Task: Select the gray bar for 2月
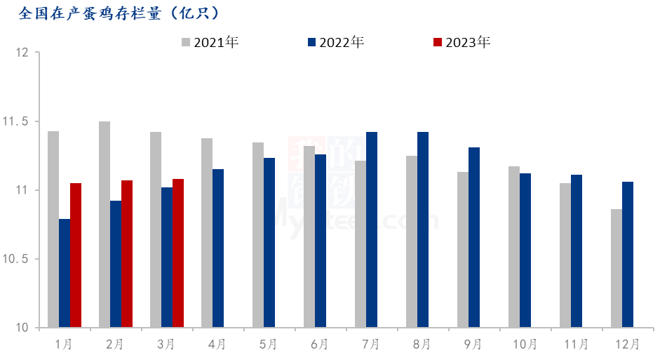tap(105, 224)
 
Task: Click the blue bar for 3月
tap(167, 257)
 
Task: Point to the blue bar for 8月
tap(423, 229)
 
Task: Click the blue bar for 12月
tap(628, 254)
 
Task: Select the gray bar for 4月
tap(207, 232)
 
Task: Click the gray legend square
tap(186, 42)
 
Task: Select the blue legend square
tap(312, 42)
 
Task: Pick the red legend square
tap(438, 42)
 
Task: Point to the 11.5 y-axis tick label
tap(15, 122)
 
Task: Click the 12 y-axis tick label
tap(22, 53)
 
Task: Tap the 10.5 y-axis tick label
tap(15, 260)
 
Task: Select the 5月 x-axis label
tap(268, 345)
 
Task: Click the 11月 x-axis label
tap(576, 345)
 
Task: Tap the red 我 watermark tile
tap(307, 154)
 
